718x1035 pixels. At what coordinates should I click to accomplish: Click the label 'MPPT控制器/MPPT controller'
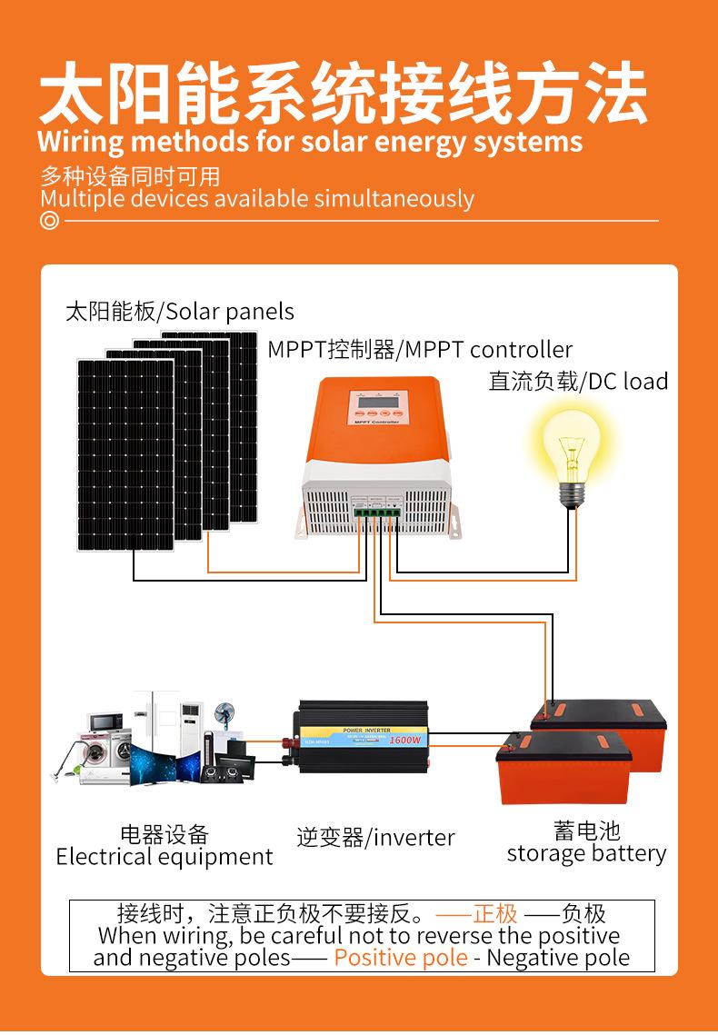[x=420, y=350]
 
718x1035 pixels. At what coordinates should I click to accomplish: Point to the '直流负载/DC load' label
[x=578, y=381]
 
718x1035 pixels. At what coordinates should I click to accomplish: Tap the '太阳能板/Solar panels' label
[x=180, y=312]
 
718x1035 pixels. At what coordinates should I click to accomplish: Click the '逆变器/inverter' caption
[x=375, y=837]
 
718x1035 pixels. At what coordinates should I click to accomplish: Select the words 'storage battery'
[x=586, y=853]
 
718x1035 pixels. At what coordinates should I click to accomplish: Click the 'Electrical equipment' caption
[x=165, y=857]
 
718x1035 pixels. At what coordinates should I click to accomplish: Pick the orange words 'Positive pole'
[x=401, y=957]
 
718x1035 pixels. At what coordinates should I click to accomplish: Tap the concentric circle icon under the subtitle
[x=49, y=220]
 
